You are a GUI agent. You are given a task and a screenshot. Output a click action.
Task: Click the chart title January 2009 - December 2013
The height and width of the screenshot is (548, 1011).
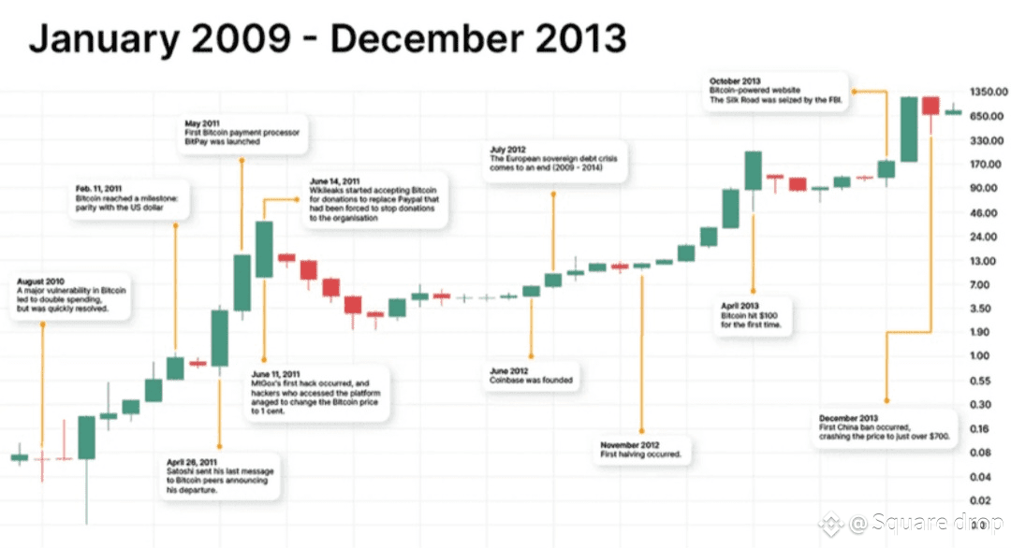click(327, 38)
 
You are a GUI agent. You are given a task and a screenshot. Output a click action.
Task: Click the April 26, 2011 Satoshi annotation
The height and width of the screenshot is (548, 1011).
click(221, 476)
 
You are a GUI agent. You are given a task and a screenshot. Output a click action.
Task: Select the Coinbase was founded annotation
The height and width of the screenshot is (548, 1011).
click(531, 377)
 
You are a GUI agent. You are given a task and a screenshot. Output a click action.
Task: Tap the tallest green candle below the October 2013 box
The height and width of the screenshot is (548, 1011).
click(908, 129)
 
